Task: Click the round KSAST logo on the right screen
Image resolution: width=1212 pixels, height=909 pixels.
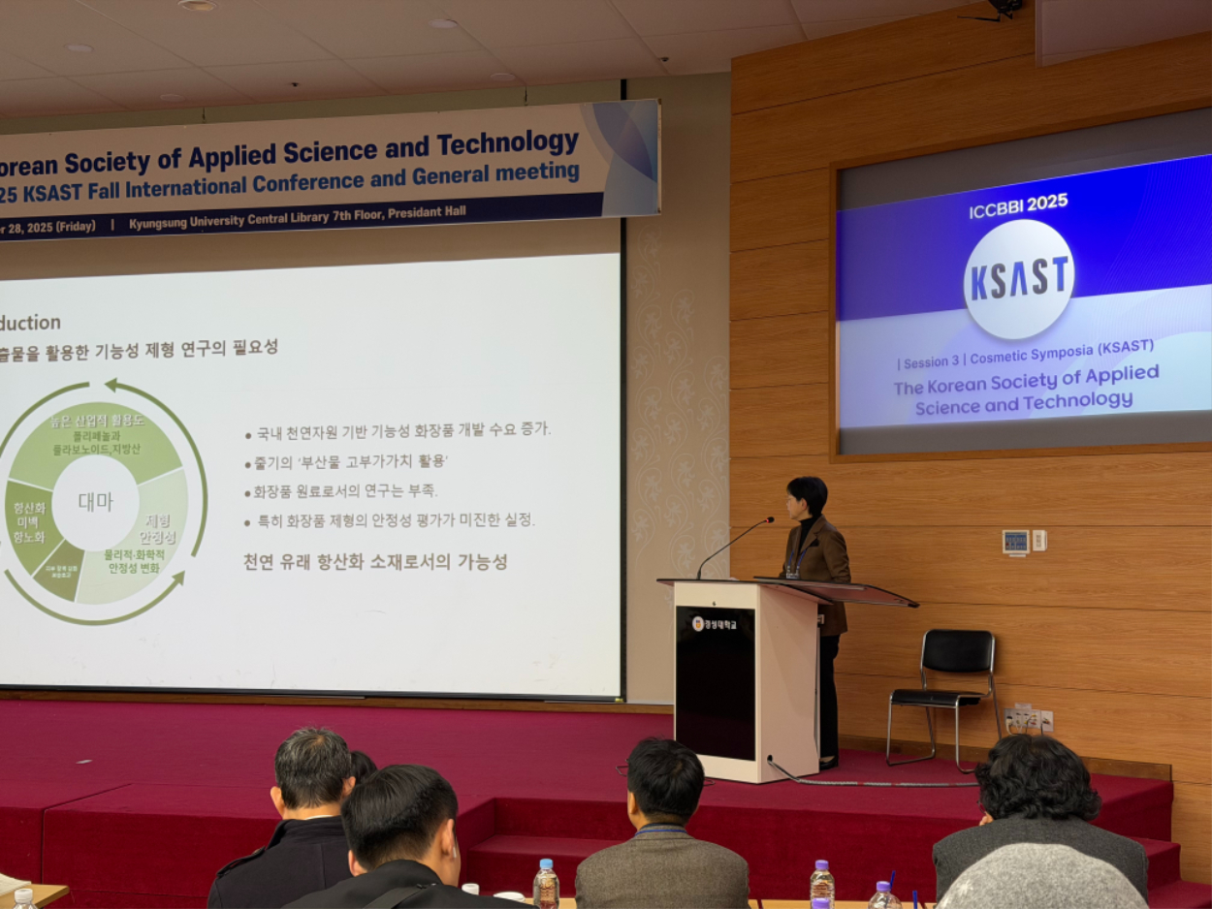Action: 1018,279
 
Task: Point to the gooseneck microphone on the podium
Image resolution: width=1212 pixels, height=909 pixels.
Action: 734,545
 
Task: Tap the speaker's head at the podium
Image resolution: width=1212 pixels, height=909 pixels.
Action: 807,496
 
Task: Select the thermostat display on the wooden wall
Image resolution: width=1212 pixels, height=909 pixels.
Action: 1015,542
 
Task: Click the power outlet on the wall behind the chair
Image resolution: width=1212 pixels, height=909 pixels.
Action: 1024,720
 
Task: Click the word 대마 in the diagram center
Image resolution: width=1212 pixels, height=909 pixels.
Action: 95,502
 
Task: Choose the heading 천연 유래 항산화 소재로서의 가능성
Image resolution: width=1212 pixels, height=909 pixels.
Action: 375,562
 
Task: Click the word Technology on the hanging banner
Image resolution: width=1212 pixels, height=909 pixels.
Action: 507,144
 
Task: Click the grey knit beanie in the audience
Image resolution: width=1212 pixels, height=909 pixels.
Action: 1042,877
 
